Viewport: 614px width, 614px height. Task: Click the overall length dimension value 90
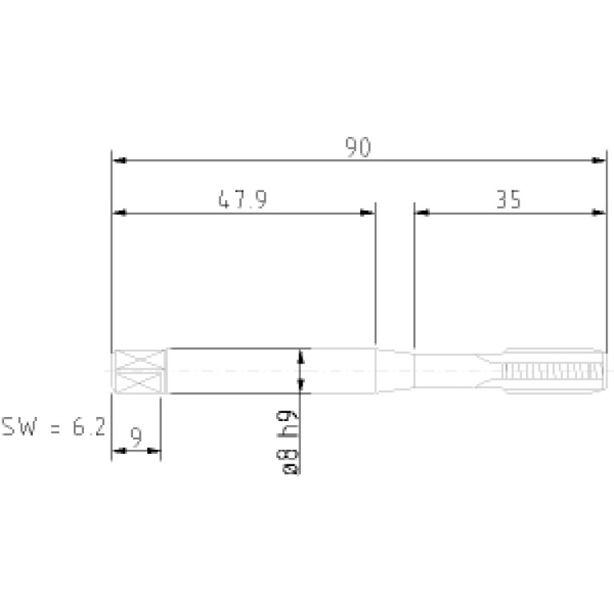358,147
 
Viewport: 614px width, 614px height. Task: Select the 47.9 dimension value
243,199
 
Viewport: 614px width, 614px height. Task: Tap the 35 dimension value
508,199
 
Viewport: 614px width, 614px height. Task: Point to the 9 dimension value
136,437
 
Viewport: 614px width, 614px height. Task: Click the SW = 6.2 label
54,427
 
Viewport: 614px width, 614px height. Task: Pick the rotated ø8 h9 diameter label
287,442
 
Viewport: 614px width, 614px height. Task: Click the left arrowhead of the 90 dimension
119,161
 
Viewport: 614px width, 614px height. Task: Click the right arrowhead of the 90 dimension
599,161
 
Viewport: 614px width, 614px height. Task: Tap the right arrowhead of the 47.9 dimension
367,213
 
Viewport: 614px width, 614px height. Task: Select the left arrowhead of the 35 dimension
422,213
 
